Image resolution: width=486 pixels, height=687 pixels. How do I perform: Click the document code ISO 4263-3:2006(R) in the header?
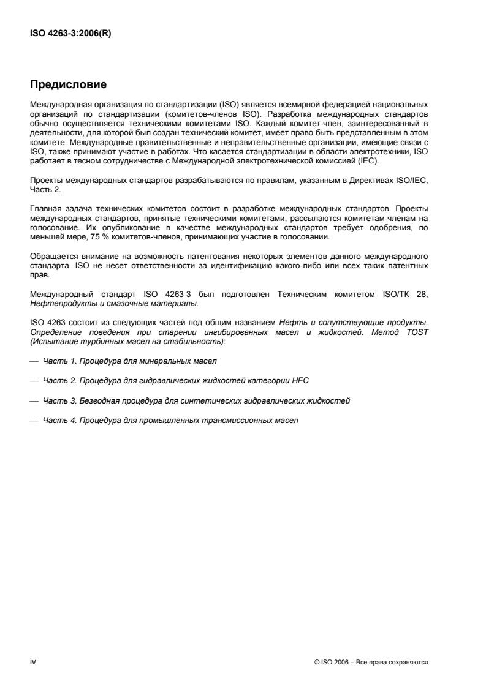pyautogui.click(x=71, y=34)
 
